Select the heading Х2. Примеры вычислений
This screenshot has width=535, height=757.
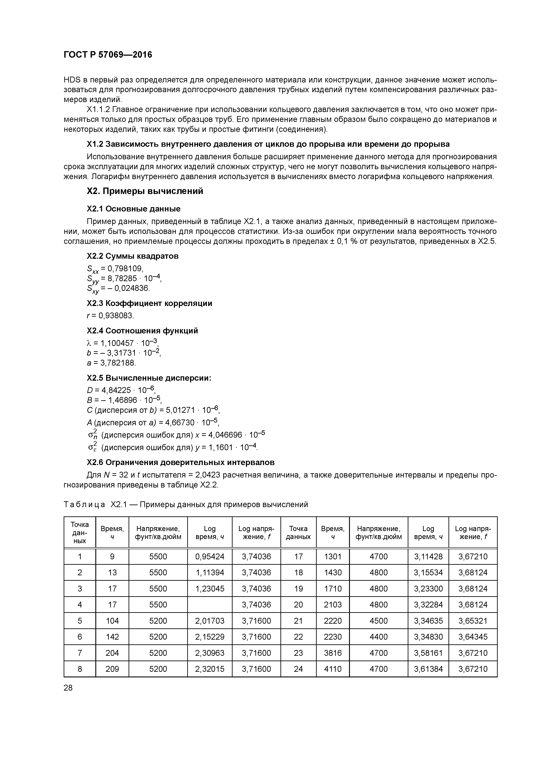(145, 191)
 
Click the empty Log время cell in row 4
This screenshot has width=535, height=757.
(210, 605)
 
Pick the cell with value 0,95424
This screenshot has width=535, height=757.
(210, 557)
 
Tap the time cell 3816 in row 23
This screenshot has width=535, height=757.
(333, 653)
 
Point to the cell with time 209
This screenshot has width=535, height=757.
(112, 669)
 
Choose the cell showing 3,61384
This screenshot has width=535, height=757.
(428, 669)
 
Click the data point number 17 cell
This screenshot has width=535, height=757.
(298, 557)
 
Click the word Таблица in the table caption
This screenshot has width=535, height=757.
(84, 505)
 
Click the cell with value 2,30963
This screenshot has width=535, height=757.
(210, 653)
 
